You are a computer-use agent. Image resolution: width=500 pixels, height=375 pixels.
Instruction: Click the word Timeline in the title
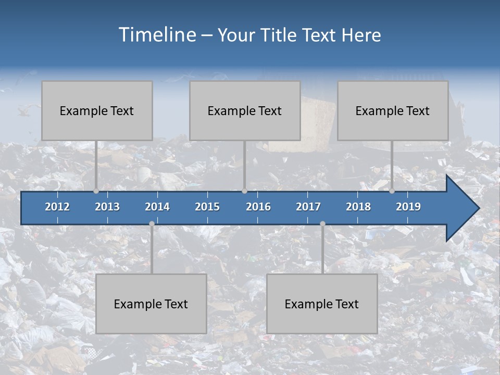click(x=156, y=35)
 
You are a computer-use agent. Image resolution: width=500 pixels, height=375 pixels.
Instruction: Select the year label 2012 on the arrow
click(x=57, y=207)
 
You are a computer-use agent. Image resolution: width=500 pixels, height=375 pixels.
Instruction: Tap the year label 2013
click(x=107, y=207)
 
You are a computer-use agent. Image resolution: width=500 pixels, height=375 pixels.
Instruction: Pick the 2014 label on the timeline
click(x=157, y=207)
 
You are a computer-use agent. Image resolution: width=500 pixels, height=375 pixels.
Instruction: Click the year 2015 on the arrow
click(x=207, y=207)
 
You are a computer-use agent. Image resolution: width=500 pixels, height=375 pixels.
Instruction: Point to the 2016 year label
click(x=258, y=207)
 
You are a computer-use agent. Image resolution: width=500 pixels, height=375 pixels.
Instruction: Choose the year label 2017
click(x=308, y=207)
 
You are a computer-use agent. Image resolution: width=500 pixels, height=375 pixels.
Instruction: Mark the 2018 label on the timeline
click(x=358, y=207)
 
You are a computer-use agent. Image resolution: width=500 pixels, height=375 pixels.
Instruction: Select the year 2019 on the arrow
click(x=408, y=207)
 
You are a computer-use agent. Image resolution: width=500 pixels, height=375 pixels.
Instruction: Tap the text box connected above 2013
click(x=97, y=110)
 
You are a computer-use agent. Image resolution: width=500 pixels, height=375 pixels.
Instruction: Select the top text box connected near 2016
click(x=245, y=110)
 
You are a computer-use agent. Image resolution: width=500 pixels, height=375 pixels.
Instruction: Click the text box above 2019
click(x=393, y=110)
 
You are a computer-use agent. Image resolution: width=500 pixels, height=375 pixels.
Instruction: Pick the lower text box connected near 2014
click(x=151, y=304)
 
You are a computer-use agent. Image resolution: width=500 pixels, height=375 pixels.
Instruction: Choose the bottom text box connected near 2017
click(x=322, y=304)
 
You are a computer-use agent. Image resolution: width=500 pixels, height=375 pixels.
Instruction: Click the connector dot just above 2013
click(x=96, y=191)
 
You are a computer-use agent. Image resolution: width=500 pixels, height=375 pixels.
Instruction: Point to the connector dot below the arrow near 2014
click(x=152, y=224)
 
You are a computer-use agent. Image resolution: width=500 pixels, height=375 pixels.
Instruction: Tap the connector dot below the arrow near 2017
click(x=322, y=224)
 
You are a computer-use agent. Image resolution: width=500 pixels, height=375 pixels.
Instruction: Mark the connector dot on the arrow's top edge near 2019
click(x=392, y=191)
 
